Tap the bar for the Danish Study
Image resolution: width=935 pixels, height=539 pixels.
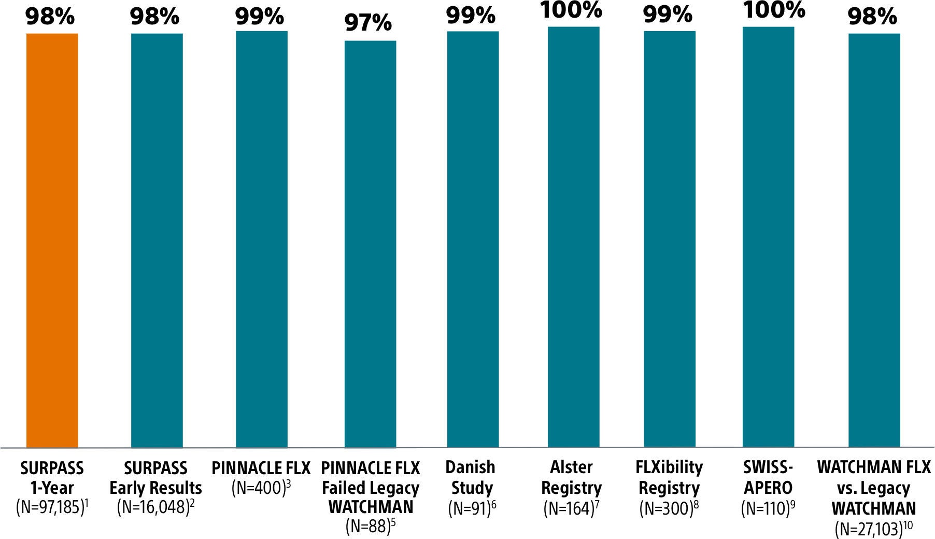pos(473,239)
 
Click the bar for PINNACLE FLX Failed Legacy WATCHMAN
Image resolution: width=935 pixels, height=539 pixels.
pos(370,244)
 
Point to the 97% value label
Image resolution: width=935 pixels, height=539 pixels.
pos(368,23)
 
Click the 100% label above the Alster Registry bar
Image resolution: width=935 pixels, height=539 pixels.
pos(571,10)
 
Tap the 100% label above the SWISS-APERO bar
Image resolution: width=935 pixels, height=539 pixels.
pos(774,10)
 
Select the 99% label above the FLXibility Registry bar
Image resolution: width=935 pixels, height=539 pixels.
pos(668,15)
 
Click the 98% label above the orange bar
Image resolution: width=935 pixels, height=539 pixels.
pos(50,17)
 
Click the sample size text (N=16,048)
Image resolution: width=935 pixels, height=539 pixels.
pos(153,507)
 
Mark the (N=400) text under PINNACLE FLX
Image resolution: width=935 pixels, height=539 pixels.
pos(259,488)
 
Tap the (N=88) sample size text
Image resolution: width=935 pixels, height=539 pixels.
pos(368,527)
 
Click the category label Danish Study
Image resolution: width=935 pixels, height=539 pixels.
pos(471,478)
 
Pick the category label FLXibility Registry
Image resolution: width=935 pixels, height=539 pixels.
pos(669,478)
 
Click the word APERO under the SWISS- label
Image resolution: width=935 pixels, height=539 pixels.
pos(768,488)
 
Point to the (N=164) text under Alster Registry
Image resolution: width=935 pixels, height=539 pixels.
pos(568,508)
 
